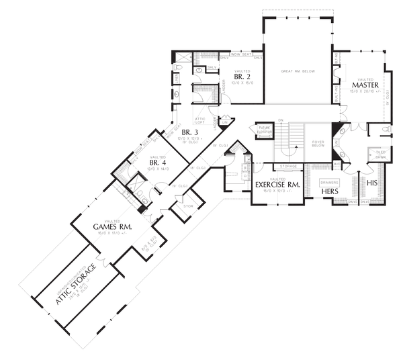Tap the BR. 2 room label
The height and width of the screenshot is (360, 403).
click(x=242, y=77)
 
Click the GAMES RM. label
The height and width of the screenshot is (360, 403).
click(x=111, y=227)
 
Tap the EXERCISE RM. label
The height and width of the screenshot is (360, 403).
click(x=277, y=183)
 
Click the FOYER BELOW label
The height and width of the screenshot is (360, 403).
click(x=318, y=144)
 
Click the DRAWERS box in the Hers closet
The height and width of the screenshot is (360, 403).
click(x=329, y=181)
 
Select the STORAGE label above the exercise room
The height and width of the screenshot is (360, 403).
click(x=289, y=165)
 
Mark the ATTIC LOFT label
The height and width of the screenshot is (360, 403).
click(x=200, y=119)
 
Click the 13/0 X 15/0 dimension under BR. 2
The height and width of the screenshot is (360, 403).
click(x=242, y=85)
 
